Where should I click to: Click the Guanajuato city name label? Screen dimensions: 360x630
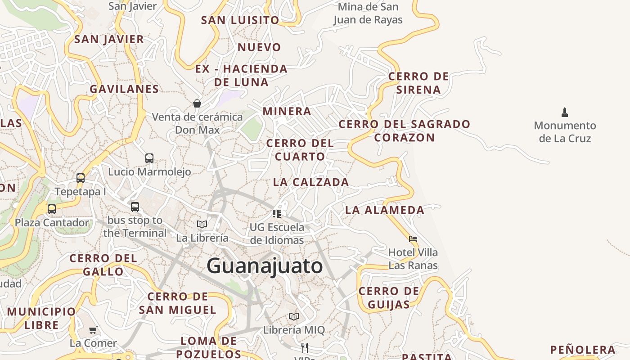click(x=265, y=266)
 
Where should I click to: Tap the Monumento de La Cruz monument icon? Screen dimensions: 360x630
click(x=565, y=112)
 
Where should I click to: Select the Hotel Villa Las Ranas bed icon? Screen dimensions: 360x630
click(x=413, y=238)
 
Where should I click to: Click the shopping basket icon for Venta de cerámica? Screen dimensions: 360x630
click(x=197, y=103)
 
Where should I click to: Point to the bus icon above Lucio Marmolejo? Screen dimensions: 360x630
click(x=149, y=158)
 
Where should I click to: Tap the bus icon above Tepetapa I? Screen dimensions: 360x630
click(x=81, y=178)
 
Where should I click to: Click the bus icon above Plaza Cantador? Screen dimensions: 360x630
click(x=52, y=209)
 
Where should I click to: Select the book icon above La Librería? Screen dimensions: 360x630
click(x=202, y=224)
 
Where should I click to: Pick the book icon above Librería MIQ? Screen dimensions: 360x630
click(x=294, y=316)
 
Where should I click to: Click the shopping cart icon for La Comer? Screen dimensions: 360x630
click(x=93, y=330)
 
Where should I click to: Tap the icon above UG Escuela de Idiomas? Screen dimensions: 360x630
click(x=277, y=213)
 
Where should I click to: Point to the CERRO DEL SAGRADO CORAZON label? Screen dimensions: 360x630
click(x=404, y=130)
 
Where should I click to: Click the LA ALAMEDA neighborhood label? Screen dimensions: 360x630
click(x=384, y=210)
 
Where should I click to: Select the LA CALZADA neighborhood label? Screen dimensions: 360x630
click(x=311, y=182)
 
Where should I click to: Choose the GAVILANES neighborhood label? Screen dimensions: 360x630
click(x=124, y=89)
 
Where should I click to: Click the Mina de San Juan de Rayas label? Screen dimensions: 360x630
click(x=368, y=13)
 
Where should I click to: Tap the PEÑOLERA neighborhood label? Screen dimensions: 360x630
click(x=583, y=350)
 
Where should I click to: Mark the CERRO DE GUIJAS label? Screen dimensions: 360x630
click(x=389, y=298)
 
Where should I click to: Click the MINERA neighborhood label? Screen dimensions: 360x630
click(x=287, y=111)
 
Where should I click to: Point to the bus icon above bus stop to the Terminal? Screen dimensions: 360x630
click(x=135, y=207)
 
